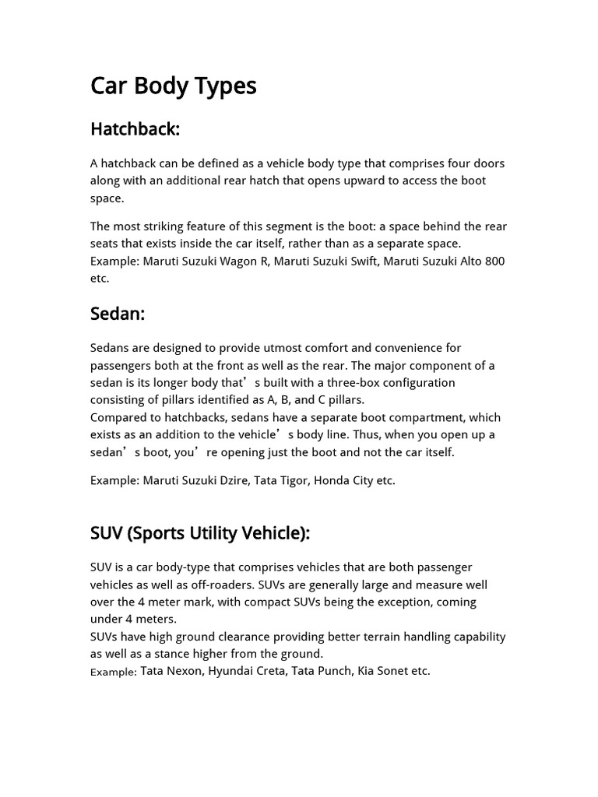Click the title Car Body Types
coord(173,86)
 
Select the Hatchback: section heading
coord(135,129)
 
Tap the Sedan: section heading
coord(118,314)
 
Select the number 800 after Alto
coord(494,261)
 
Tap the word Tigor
coord(294,480)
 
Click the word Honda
coord(331,480)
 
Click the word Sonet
coord(393,671)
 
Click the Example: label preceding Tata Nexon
coord(114,672)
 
